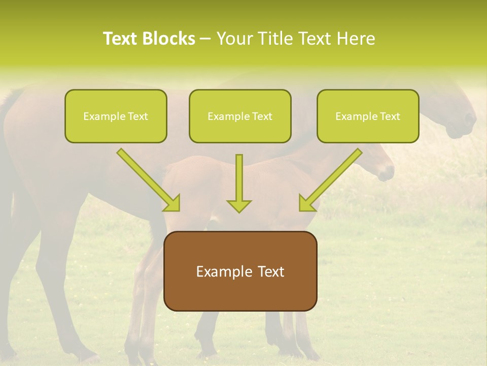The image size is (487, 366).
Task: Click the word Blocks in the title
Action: point(169,39)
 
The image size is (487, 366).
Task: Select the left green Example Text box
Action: point(116,116)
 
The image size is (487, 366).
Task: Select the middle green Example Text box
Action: point(240,116)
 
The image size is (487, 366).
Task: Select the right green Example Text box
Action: point(368,116)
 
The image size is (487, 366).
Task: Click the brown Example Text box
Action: point(240,271)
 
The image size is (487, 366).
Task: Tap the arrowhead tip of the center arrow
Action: point(239,210)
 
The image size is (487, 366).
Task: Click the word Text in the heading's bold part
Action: point(121,39)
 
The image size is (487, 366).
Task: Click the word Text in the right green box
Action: point(390,116)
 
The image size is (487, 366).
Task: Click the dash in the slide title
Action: point(205,39)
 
